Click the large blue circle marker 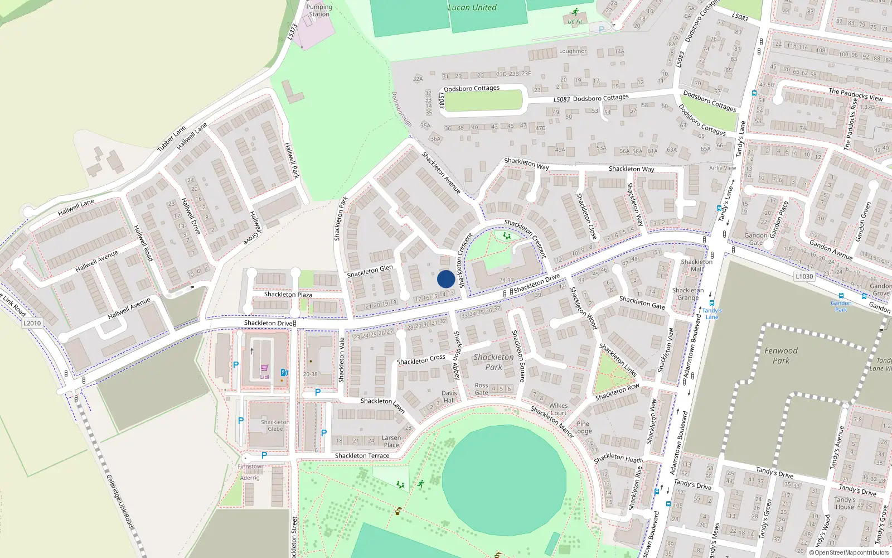click(445, 279)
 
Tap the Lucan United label click(472, 7)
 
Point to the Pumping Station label click(319, 11)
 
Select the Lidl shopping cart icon click(264, 368)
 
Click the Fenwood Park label click(780, 355)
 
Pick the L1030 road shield click(804, 276)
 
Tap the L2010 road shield click(32, 323)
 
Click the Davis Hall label click(449, 396)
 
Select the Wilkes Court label click(558, 410)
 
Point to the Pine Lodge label click(583, 427)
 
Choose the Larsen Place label click(391, 441)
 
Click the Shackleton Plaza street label click(288, 294)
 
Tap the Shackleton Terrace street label click(362, 456)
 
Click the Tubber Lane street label click(171, 139)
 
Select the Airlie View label click(723, 168)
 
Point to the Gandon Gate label click(755, 239)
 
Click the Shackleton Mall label click(696, 265)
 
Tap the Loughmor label click(573, 51)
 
